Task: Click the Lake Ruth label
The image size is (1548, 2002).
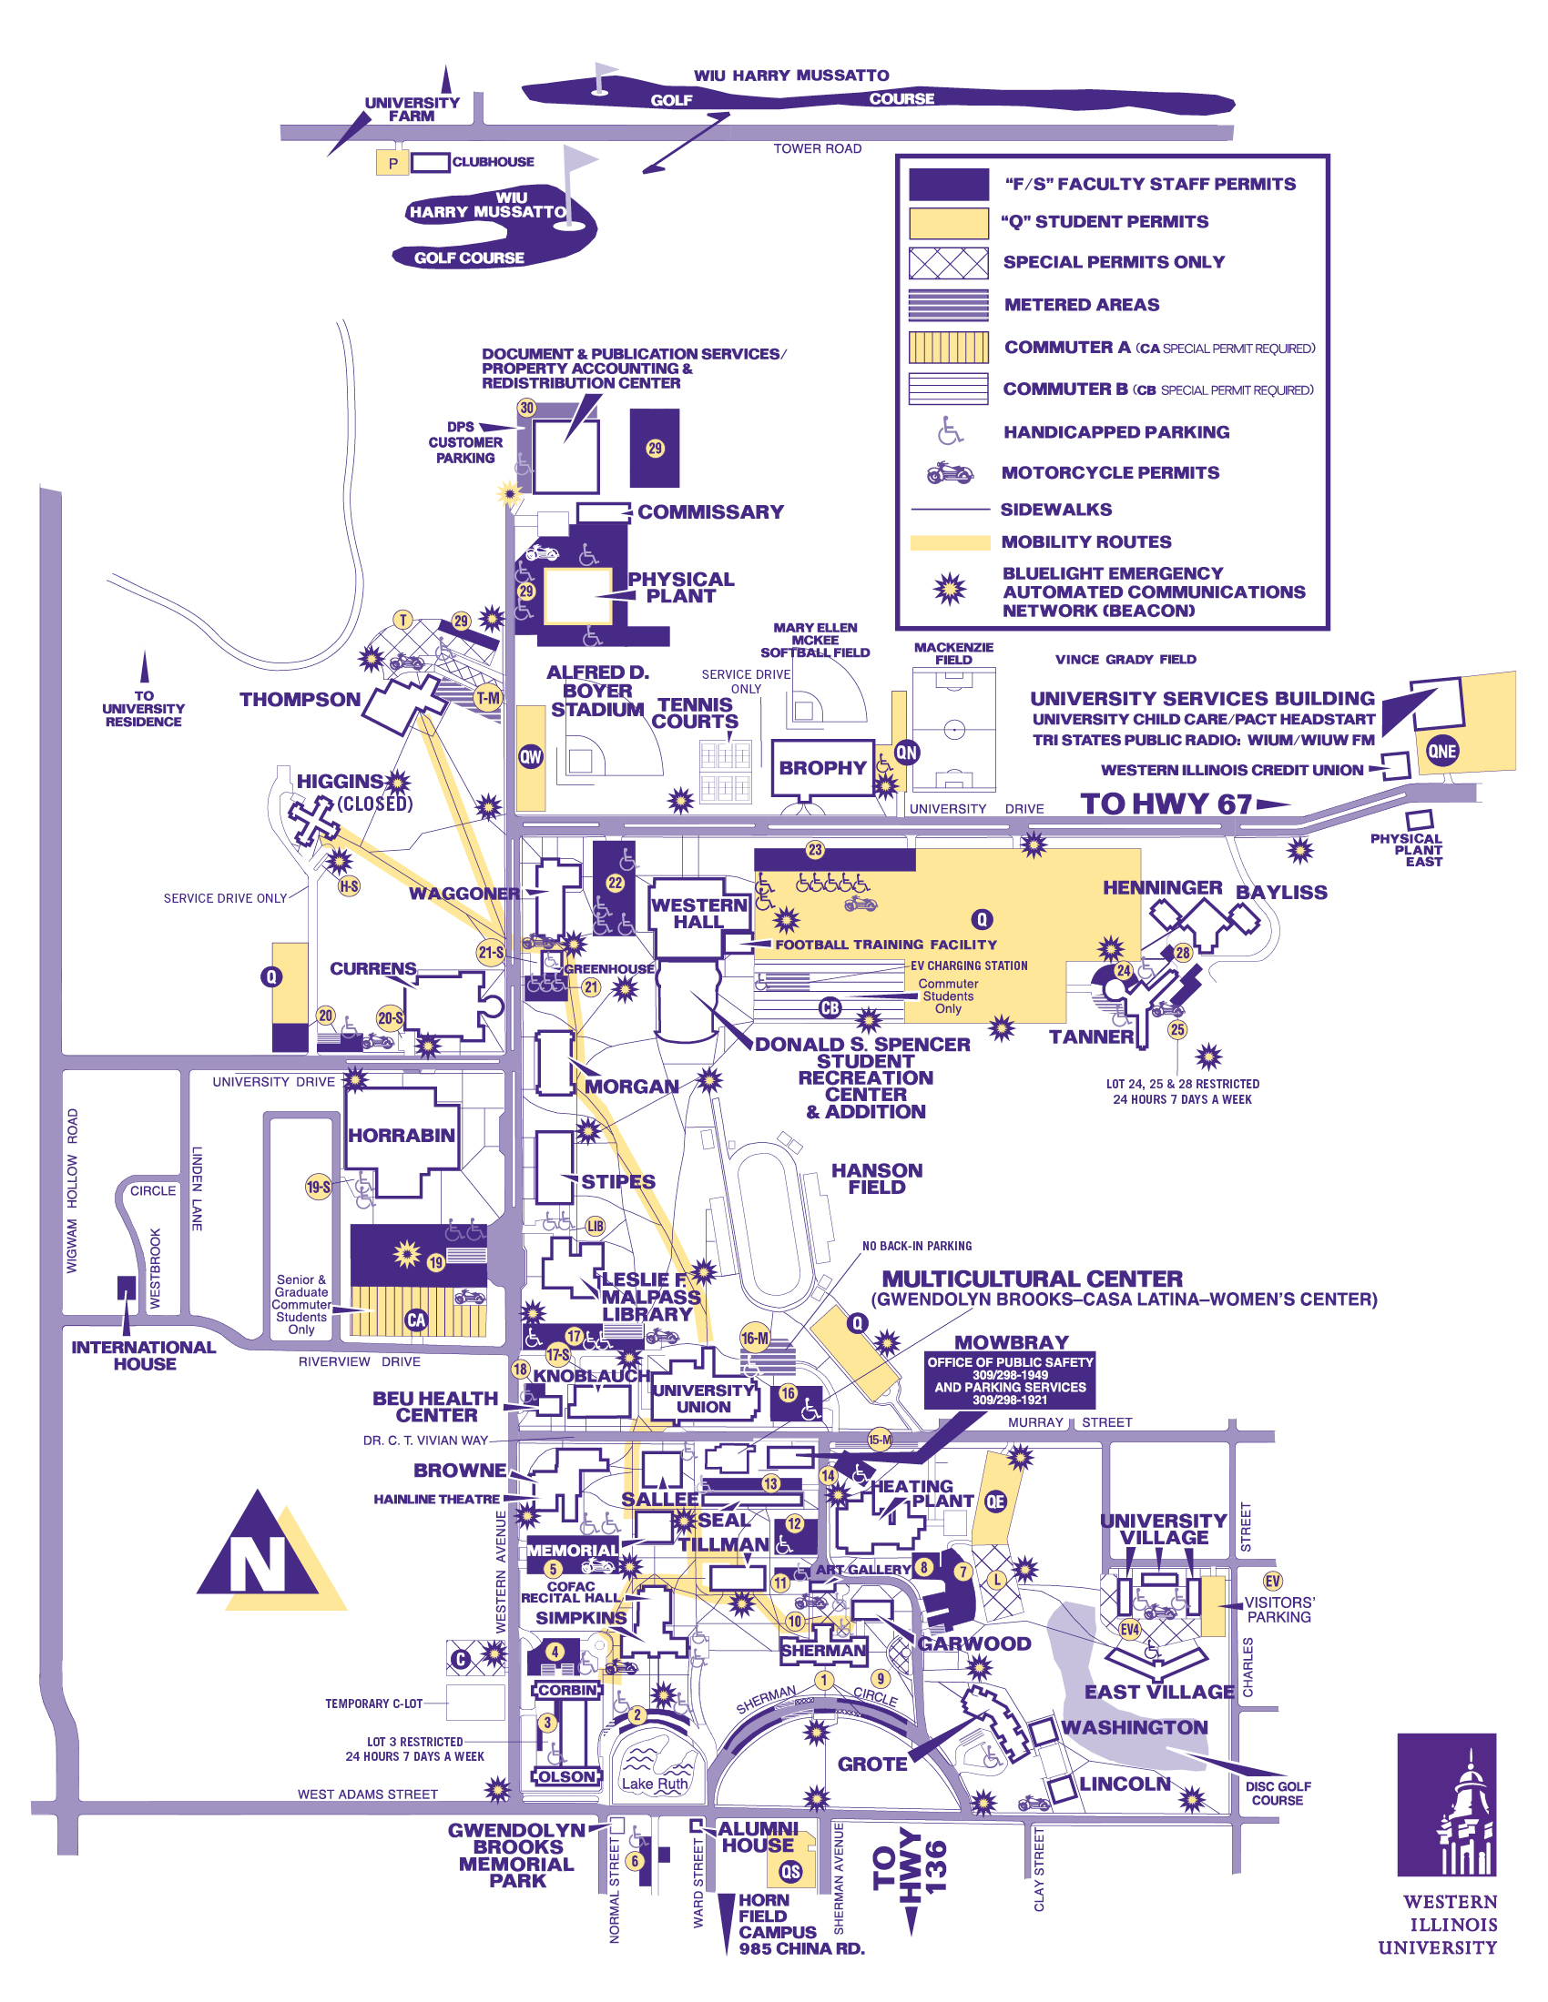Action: pos(654,1784)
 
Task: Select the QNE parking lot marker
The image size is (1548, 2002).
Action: pos(1441,752)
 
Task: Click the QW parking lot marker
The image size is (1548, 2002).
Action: pos(531,756)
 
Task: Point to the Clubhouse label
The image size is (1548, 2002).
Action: pos(493,162)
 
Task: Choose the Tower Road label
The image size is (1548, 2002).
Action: pos(817,148)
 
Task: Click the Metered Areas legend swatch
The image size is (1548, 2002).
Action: pos(948,304)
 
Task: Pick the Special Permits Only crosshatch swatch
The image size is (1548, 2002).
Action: pos(948,262)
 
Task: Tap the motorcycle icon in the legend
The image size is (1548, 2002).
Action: pos(949,473)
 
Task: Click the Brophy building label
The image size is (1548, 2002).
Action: pos(822,768)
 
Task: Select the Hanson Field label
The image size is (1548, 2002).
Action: pos(877,1178)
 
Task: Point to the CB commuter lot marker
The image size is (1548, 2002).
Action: pos(830,1008)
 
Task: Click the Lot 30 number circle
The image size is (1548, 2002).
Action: pos(526,408)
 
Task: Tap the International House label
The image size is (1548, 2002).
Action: pos(144,1355)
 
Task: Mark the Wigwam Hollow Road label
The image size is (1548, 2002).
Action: pos(73,1191)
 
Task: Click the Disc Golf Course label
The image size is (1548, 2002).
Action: pos(1278,1793)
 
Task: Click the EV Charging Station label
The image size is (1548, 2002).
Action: pos(969,966)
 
